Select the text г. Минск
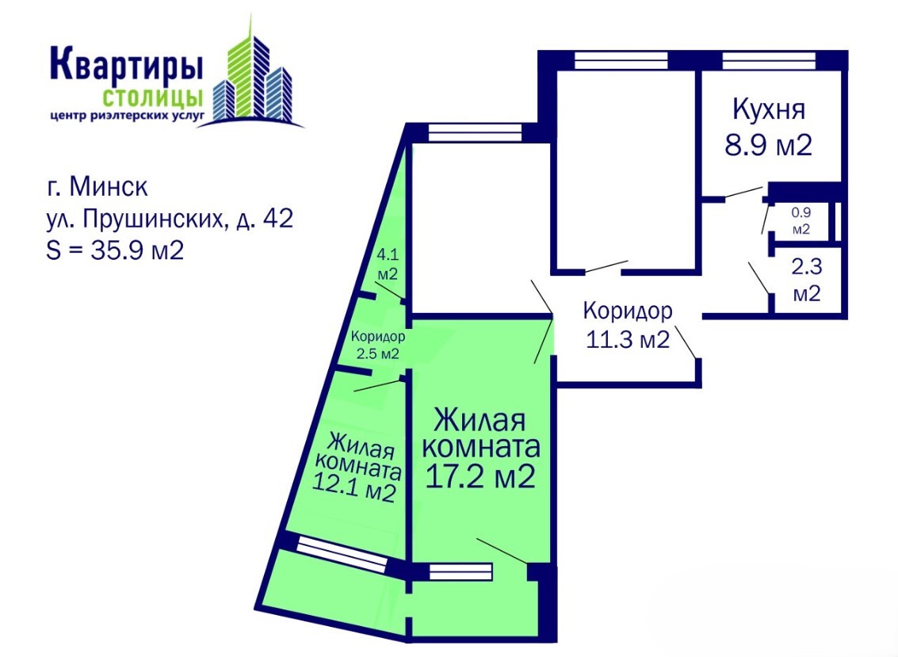point(97,187)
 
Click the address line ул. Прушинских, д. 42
point(170,219)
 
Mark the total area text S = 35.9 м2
point(115,250)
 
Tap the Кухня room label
point(769,110)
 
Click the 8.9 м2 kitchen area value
point(769,145)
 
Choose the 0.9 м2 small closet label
point(801,220)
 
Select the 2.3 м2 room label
point(806,280)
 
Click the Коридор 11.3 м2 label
point(628,325)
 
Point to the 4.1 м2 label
point(387,264)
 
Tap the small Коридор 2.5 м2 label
point(377,345)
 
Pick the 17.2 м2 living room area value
point(480,476)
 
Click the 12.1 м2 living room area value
point(354,491)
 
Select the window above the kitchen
point(769,60)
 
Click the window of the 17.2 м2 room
point(460,571)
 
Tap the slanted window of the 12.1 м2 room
point(342,553)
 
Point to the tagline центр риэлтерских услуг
point(127,116)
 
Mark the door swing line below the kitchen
point(743,192)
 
